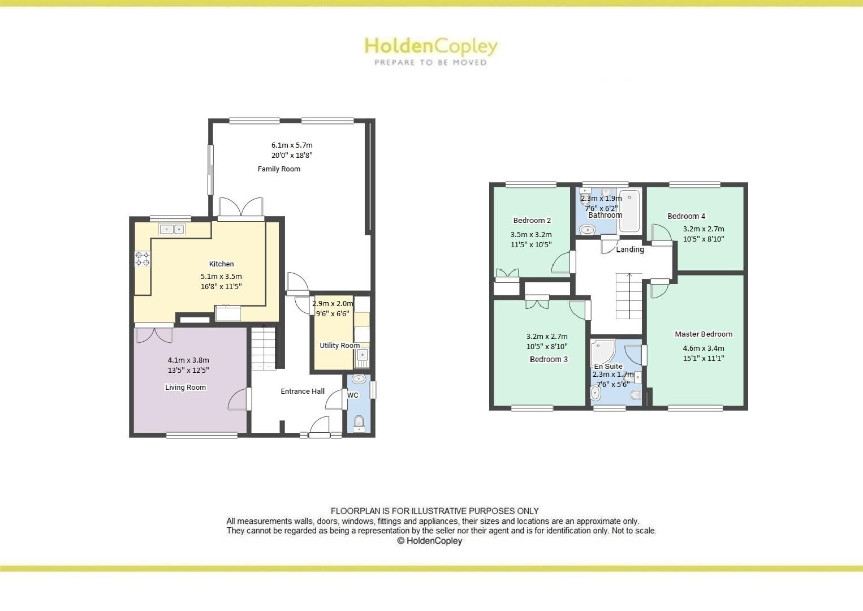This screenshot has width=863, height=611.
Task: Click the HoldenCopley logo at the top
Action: point(430,50)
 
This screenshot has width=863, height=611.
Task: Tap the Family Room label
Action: point(279,169)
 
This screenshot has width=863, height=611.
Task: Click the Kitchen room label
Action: point(221,264)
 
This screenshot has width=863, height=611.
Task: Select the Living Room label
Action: point(185,388)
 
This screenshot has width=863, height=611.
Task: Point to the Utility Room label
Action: point(339,346)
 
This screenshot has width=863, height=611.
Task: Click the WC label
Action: point(353,395)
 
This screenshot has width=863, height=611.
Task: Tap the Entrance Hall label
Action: point(303,391)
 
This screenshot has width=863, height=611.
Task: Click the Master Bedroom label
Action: point(704,334)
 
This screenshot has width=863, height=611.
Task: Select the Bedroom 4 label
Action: point(686,216)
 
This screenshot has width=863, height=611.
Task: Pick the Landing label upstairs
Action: point(630,249)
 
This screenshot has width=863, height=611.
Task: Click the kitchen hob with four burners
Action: point(143,259)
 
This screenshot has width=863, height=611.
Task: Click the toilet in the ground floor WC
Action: point(359,422)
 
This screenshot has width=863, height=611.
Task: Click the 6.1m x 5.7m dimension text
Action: point(292,145)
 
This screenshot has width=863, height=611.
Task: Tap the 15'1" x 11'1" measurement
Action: point(704,358)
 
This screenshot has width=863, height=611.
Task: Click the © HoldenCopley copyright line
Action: point(430,541)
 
